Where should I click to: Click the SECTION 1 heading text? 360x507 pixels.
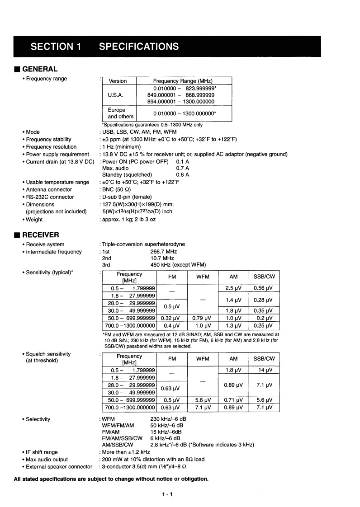coord(56,47)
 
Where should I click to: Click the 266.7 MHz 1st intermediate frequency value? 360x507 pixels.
coord(163,252)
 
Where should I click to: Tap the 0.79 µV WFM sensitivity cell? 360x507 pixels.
coord(203,318)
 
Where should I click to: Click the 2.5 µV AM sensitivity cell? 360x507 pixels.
coord(233,288)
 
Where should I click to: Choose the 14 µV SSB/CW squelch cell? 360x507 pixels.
coord(264,370)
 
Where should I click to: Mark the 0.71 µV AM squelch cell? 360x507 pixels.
coord(233,400)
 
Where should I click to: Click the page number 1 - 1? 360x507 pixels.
coord(167,494)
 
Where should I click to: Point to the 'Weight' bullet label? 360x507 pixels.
coord(34,220)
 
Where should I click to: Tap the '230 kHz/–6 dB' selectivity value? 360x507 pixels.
coord(168,419)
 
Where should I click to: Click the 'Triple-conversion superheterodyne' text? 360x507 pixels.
coord(143,244)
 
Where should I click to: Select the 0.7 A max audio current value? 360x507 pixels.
coord(182,168)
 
